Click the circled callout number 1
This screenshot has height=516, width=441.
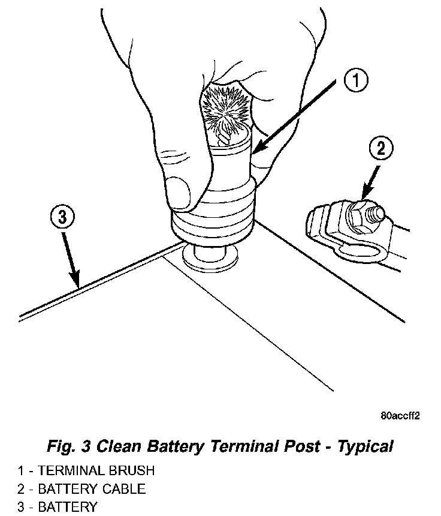click(355, 80)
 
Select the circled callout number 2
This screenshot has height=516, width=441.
click(382, 147)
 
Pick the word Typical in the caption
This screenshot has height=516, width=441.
click(365, 446)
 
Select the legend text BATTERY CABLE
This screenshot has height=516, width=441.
click(92, 488)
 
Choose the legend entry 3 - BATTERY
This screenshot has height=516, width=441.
click(57, 507)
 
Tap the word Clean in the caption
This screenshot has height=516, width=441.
click(119, 446)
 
